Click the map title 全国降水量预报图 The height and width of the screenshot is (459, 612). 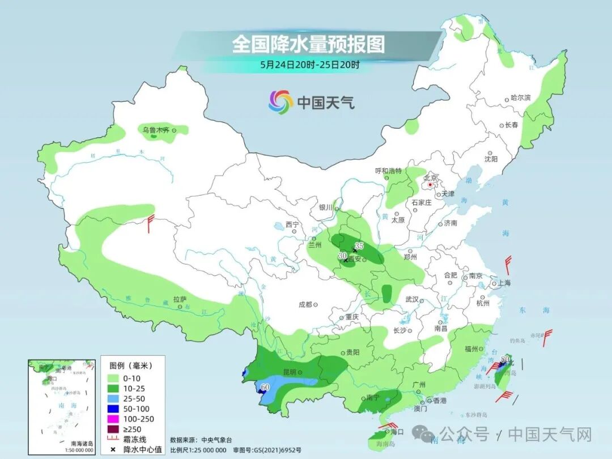308,44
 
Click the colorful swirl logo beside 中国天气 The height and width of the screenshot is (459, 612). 280,102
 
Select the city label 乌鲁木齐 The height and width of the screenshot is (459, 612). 156,130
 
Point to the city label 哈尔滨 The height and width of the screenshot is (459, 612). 521,98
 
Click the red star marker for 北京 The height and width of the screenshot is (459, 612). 430,184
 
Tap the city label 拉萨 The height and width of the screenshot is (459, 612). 180,299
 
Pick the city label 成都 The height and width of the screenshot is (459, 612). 305,304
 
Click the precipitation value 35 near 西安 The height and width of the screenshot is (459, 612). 358,245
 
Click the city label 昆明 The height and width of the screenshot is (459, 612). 289,372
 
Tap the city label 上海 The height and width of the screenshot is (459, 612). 504,283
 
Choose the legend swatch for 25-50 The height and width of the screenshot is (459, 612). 112,398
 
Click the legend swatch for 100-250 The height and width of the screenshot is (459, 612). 112,419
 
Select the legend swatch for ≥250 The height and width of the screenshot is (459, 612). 112,429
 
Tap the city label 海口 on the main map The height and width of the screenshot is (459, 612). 397,432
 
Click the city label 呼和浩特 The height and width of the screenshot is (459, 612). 388,171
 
